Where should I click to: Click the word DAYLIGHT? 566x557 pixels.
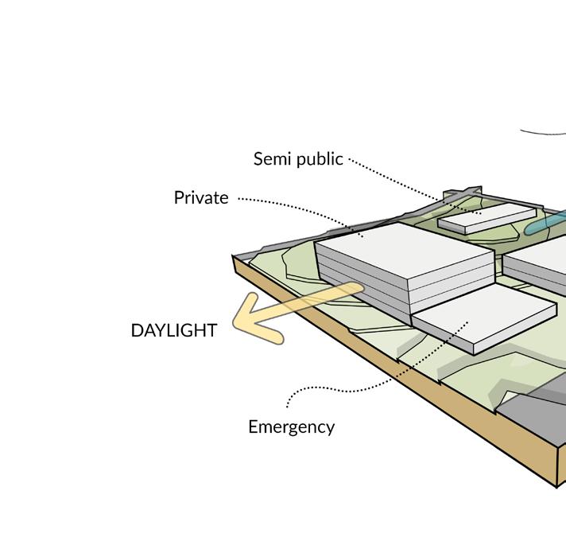173,331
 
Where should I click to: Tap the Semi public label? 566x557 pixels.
298,159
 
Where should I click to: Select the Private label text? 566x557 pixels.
201,198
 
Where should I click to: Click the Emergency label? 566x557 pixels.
291,427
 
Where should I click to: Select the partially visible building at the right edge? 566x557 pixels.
541,263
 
